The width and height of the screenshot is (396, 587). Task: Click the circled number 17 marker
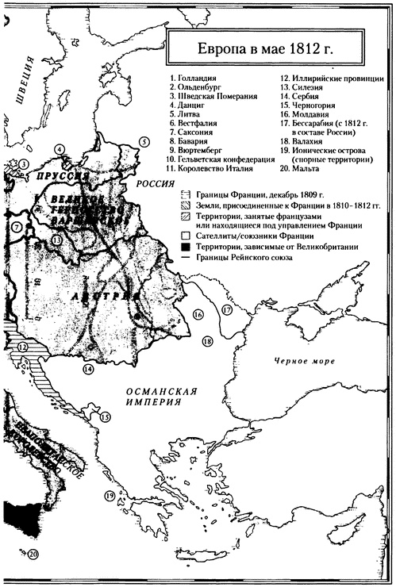pyautogui.click(x=226, y=310)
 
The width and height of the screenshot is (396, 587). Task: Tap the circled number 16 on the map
pyautogui.click(x=198, y=315)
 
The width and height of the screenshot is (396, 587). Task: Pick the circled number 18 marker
pyautogui.click(x=207, y=340)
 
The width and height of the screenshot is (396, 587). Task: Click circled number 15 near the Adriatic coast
pyautogui.click(x=105, y=416)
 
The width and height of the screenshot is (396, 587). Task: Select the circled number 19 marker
pyautogui.click(x=110, y=496)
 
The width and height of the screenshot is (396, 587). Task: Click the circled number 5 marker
pyautogui.click(x=144, y=142)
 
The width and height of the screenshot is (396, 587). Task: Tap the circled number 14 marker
pyautogui.click(x=89, y=369)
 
